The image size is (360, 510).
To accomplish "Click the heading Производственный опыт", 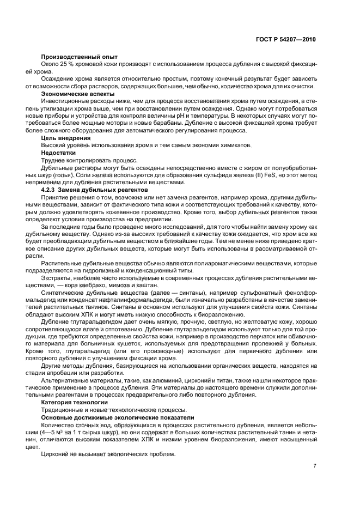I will pyautogui.click(x=76, y=57).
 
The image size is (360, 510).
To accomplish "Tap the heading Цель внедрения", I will pyautogui.click(x=63, y=138).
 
